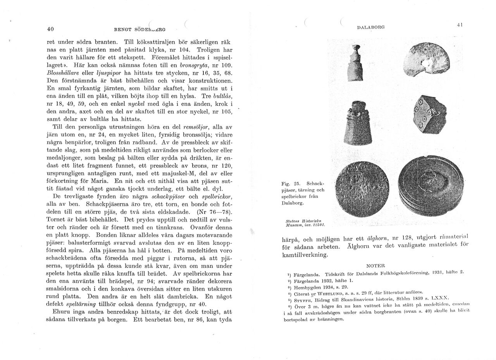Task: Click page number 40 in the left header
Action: [x=50, y=29]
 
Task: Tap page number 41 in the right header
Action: [x=460, y=24]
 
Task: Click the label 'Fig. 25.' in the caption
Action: [x=289, y=183]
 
